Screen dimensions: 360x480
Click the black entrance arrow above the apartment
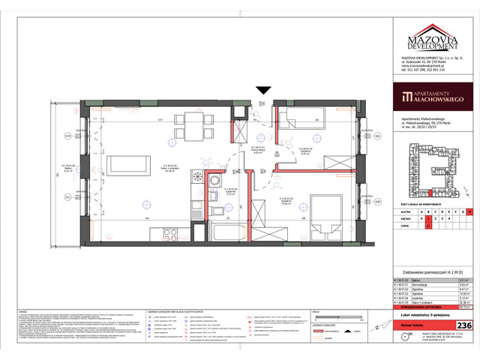tap(262, 91)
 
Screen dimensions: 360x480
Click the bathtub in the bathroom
tap(230, 211)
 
